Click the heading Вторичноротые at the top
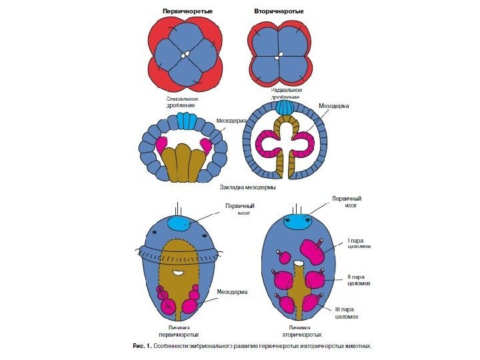pos(279,12)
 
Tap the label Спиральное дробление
pos(181,102)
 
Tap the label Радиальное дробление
pos(287,93)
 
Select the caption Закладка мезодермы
pos(248,188)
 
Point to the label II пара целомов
pos(357,279)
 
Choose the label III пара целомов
pos(348,313)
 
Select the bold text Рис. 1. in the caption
pos(142,347)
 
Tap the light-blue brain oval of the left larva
pos(179,224)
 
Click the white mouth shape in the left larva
pos(178,272)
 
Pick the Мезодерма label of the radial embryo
pos(335,105)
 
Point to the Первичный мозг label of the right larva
pos(347,202)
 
